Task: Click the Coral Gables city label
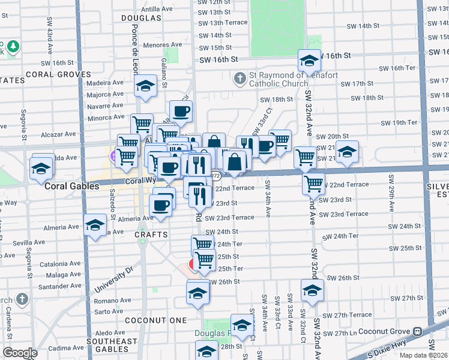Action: tap(72, 187)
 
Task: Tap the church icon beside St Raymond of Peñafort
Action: tap(240, 79)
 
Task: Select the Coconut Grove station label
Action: tap(382, 332)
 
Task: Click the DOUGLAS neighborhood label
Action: tap(141, 19)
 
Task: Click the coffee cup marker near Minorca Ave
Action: tap(181, 110)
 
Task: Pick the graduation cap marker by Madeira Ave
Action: tap(145, 87)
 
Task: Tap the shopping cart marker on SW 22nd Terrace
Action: tap(313, 183)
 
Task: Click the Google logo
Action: tap(20, 353)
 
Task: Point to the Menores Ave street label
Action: tap(163, 45)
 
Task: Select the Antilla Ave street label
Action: tap(157, 10)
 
